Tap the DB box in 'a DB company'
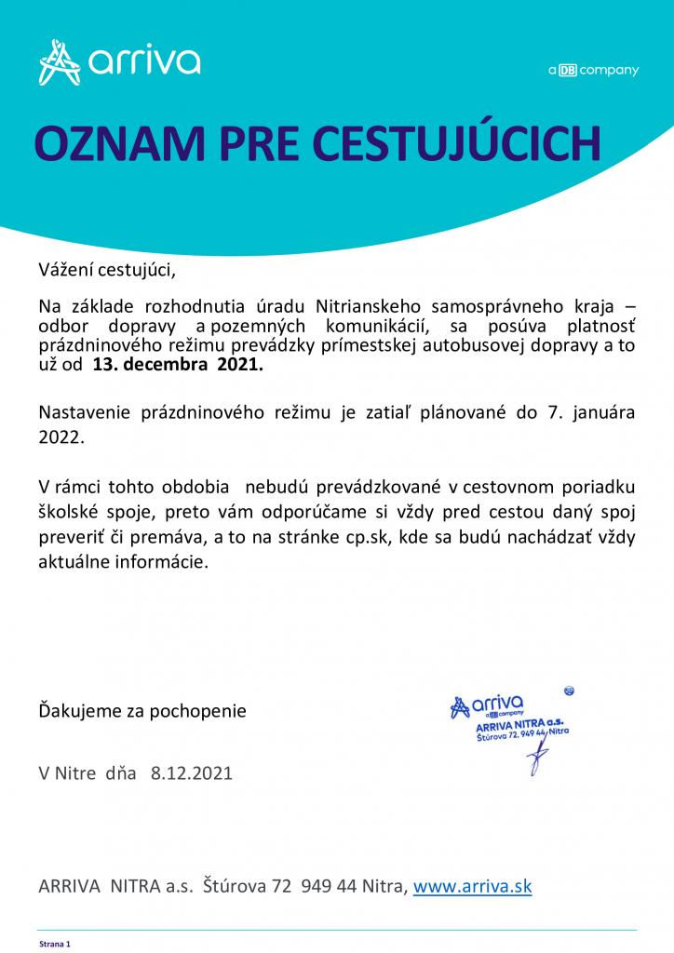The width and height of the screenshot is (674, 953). click(x=568, y=71)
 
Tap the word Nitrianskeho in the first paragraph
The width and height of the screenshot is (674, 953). click(x=373, y=305)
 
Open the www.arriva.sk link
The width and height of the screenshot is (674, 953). click(x=472, y=886)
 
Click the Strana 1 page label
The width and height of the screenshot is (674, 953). click(x=54, y=943)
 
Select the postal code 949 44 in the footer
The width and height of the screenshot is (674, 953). click(x=331, y=886)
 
